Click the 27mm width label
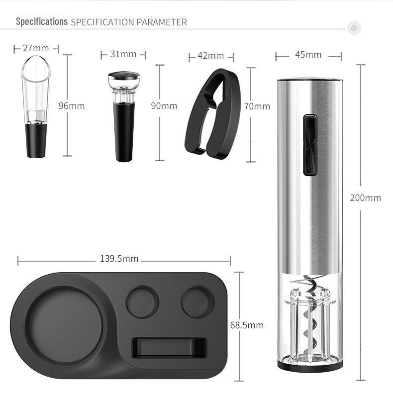pos(36,48)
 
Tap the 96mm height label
pos(72,105)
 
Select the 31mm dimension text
pos(123,54)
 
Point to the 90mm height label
pos(164,105)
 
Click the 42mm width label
pos(211,56)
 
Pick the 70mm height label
pos(257,106)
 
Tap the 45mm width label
pos(308,55)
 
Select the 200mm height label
pos(366,198)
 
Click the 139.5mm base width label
pos(119,258)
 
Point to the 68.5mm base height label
pos(247,325)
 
